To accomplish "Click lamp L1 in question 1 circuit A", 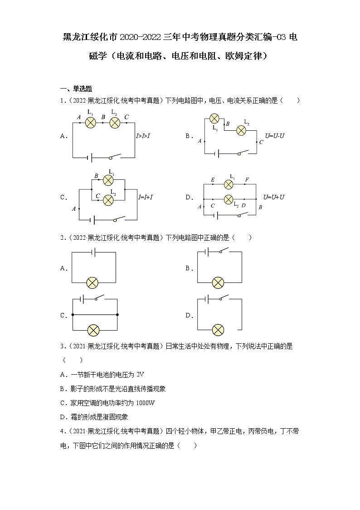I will pyautogui.click(x=90, y=122).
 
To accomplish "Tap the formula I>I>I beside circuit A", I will pyautogui.click(x=144, y=135).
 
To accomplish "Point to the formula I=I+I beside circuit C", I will pyautogui.click(x=147, y=197).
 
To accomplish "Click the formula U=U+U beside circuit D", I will pyautogui.click(x=274, y=197).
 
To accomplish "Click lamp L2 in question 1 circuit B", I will pyautogui.click(x=241, y=130).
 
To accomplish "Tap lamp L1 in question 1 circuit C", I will pyautogui.click(x=108, y=180).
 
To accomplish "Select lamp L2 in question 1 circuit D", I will pyautogui.click(x=229, y=199).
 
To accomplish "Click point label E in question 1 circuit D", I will pyautogui.click(x=213, y=180).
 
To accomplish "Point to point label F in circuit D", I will pyautogui.click(x=247, y=180).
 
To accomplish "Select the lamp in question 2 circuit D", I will pyautogui.click(x=218, y=329).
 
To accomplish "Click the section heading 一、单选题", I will pyautogui.click(x=76, y=89).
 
